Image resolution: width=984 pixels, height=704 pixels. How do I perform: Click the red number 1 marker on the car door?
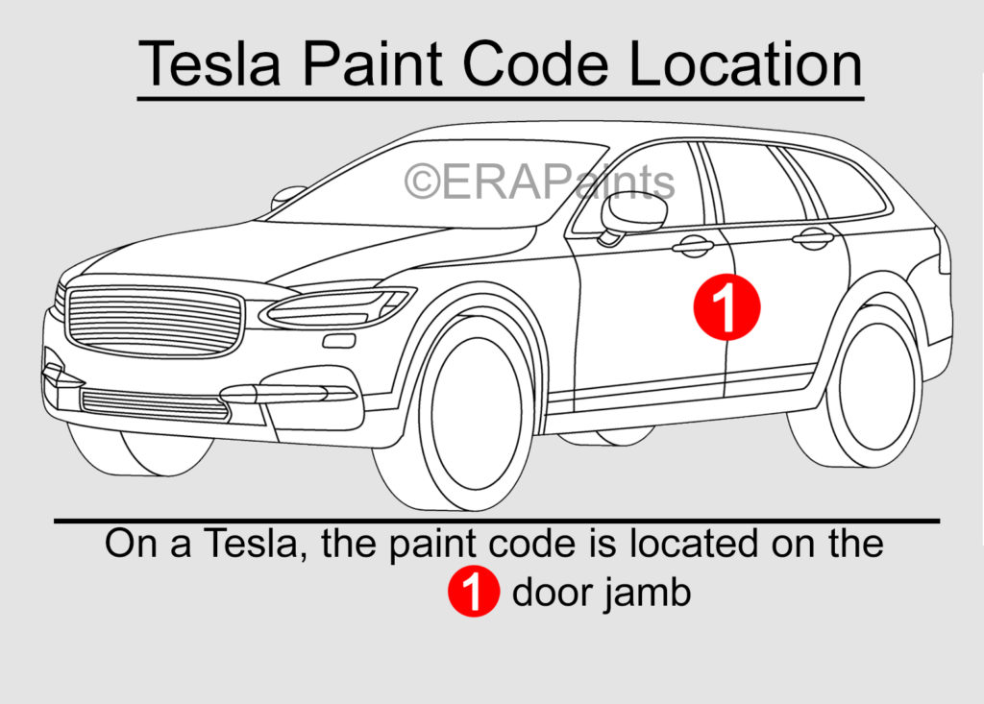click(726, 306)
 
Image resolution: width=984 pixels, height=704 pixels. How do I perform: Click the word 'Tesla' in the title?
click(209, 63)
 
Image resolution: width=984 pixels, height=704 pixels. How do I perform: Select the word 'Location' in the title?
click(746, 63)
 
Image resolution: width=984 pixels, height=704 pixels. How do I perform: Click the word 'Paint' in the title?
click(372, 63)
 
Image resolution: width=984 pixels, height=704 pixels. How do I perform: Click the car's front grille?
click(155, 323)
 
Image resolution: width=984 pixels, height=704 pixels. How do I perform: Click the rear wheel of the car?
click(869, 386)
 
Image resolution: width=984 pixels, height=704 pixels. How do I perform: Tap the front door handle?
click(693, 246)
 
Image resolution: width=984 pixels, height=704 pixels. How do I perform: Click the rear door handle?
click(813, 238)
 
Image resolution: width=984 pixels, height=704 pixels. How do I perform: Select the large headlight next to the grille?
click(337, 306)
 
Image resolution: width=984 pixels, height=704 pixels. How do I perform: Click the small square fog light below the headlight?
click(339, 341)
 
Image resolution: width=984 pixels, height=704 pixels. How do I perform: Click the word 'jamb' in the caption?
click(649, 593)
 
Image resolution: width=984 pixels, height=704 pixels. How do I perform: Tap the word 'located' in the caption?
click(694, 544)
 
